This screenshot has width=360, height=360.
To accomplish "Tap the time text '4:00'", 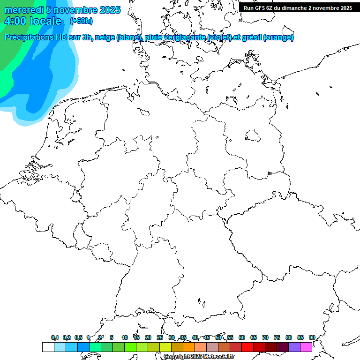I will pos(15,21).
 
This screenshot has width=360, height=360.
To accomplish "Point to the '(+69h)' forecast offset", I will pos(81,21).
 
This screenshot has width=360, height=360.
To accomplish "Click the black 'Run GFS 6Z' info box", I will pos(298,8).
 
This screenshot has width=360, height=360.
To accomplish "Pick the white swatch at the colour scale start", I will pos(48,347).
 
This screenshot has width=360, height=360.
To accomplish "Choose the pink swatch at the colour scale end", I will pos(306,347).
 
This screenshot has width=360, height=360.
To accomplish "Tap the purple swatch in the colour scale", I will pos(294,347).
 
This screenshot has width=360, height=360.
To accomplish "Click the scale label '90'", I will pos(312,337).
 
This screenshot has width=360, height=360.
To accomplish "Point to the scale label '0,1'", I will pos(55,337).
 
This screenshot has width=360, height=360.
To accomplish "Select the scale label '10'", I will pos(125,337).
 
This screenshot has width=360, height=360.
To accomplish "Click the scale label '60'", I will pos(242,337).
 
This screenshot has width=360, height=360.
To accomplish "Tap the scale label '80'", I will pos(289,337).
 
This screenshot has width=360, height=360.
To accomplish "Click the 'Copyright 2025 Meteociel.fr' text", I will pos(199,356).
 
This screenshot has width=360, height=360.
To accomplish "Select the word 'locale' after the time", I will pos(45,21).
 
